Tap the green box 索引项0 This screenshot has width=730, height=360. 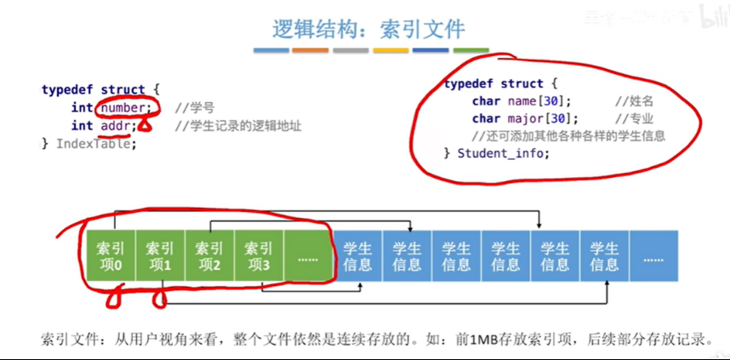[110, 255]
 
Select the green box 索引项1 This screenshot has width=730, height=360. [159, 255]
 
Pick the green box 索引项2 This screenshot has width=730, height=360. [209, 255]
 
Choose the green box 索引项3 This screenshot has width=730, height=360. [259, 255]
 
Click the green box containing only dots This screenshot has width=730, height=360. [308, 255]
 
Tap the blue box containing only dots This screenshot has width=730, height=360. [653, 255]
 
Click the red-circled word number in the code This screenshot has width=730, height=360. [124, 107]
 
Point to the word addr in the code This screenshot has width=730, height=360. [113, 125]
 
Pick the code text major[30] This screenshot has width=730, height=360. [531, 118]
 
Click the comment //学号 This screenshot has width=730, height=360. [194, 108]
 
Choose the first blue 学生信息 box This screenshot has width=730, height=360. [357, 255]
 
